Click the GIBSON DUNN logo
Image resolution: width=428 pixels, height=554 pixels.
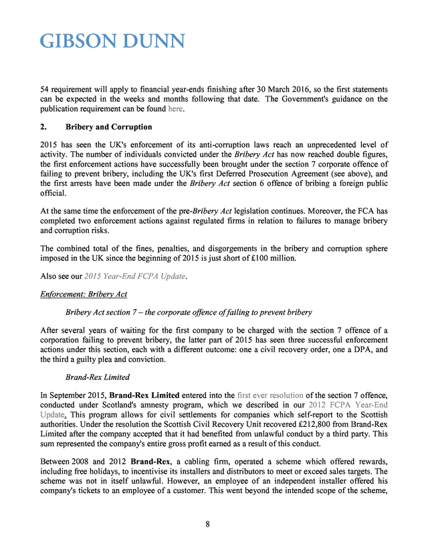tap(112, 41)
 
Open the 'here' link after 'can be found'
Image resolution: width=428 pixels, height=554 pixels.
tap(175, 109)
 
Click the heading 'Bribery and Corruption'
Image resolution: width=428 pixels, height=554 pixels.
tap(108, 127)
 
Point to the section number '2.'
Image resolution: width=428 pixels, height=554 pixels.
tap(43, 127)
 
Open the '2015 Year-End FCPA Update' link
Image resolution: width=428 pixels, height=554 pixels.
tap(141, 276)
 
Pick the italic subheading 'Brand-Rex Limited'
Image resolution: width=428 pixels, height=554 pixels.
tap(98, 377)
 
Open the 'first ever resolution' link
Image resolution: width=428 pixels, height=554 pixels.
tap(270, 395)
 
